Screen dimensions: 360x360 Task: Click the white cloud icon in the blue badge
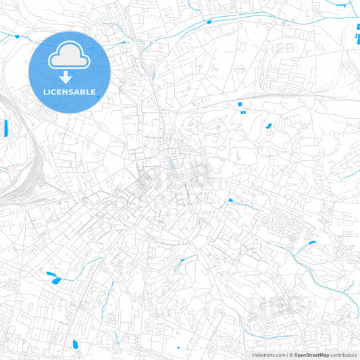[x=70, y=57]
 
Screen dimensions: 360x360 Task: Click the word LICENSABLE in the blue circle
[x=70, y=92]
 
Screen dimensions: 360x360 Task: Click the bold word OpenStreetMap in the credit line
[x=311, y=354]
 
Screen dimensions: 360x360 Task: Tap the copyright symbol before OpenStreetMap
[x=291, y=354]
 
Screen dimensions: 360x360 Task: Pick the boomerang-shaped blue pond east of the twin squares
[x=269, y=125]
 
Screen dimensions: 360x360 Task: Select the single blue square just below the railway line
[x=239, y=104]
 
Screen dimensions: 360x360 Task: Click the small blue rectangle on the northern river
[x=209, y=22]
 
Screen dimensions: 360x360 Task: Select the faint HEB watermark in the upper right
[x=278, y=49]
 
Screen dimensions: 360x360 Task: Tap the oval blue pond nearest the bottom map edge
[x=76, y=344]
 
